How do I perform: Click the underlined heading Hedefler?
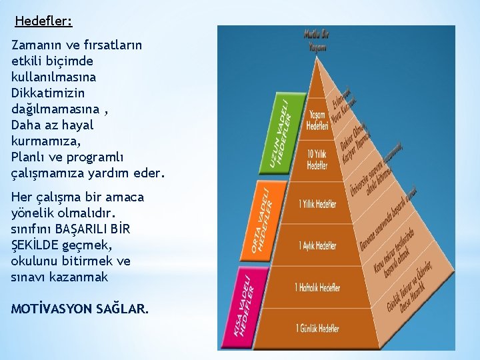tap(43, 21)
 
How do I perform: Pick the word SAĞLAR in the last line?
tap(124, 309)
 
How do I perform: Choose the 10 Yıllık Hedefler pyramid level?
tap(317, 160)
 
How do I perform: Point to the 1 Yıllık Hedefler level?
tap(318, 203)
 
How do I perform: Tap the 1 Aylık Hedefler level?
tap(318, 245)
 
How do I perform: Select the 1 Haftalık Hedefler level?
tap(317, 287)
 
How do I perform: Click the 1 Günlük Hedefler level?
tap(317, 328)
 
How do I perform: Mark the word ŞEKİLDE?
tap(33, 245)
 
